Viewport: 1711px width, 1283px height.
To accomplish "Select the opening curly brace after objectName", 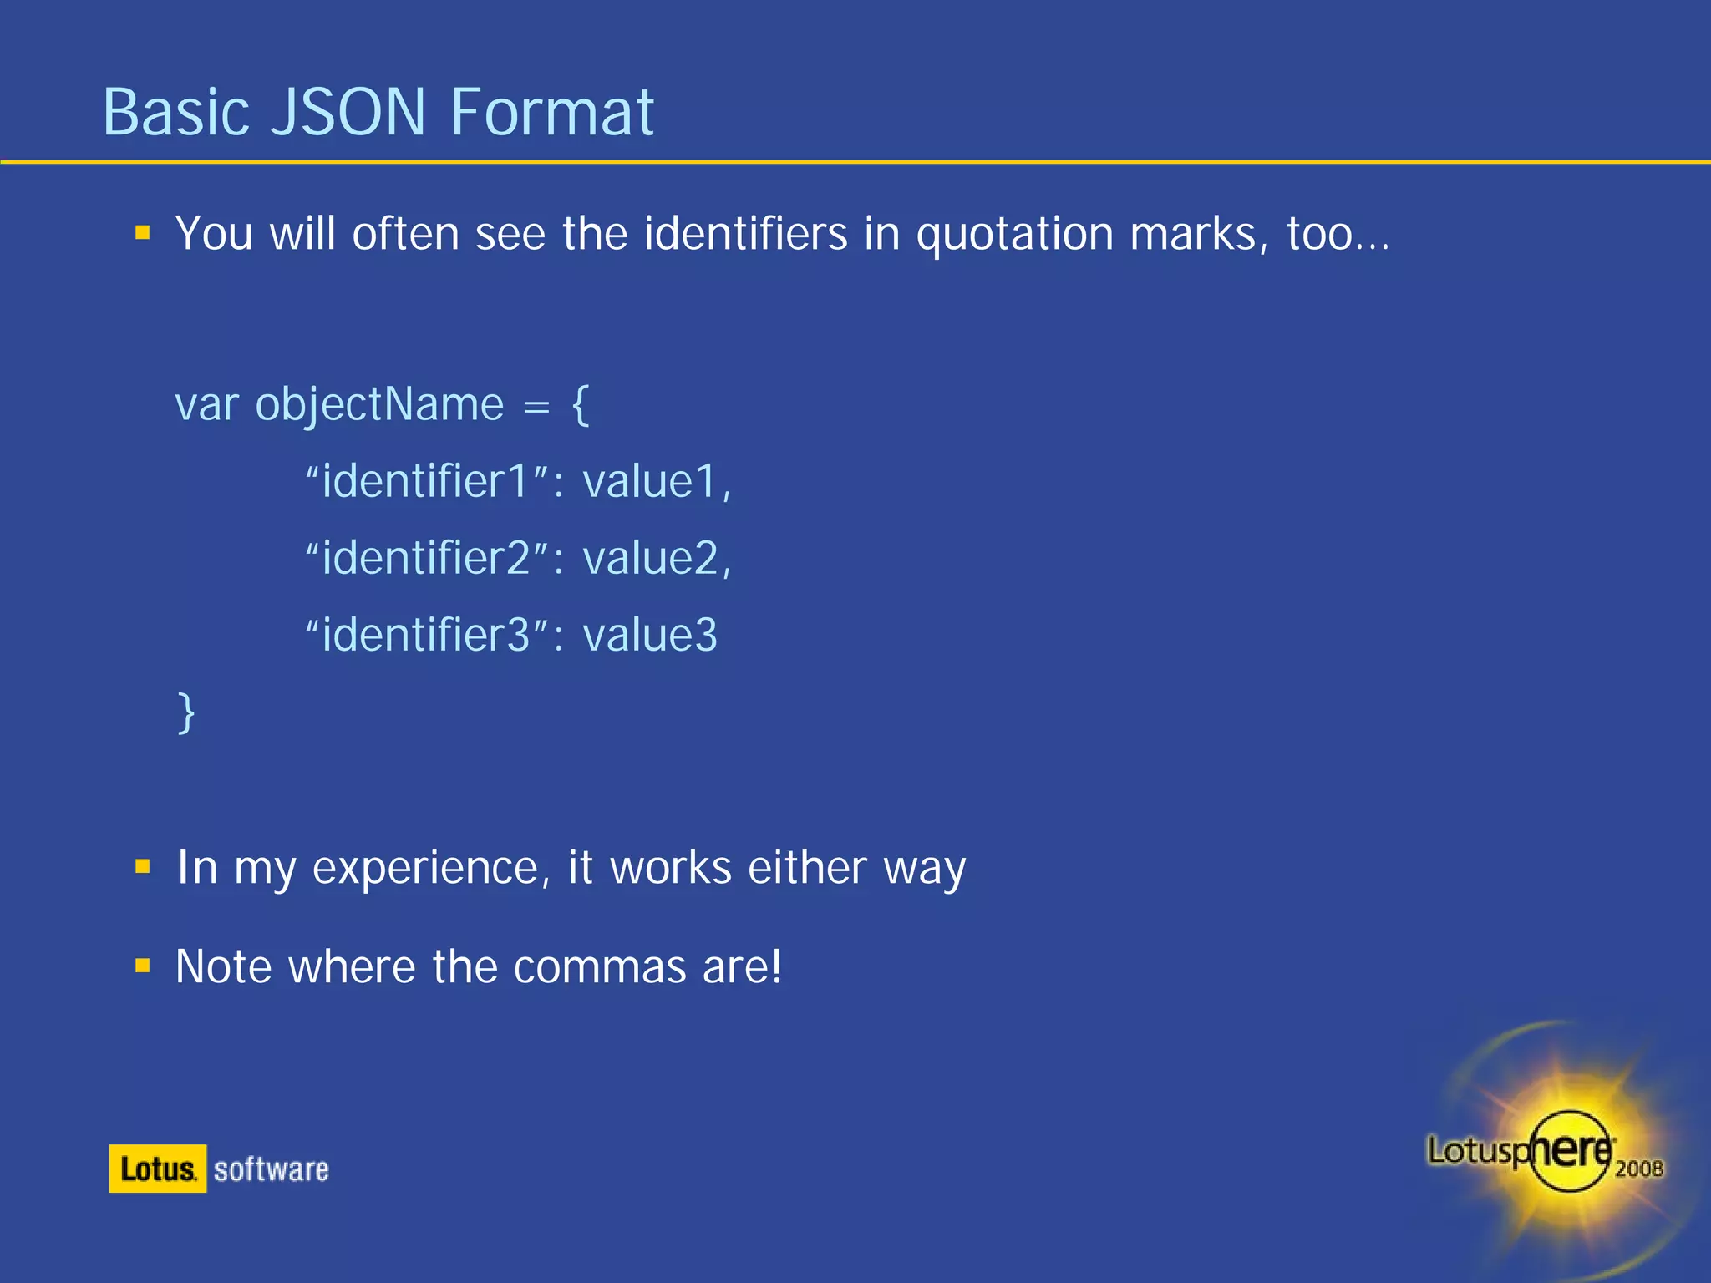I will (581, 406).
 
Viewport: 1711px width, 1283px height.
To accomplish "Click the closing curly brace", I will (186, 712).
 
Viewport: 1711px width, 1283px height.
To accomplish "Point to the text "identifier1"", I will (425, 482).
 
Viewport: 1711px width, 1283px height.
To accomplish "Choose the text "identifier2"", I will (425, 559).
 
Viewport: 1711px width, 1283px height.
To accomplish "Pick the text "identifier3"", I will (425, 636).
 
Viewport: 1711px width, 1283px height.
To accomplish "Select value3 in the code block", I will (650, 636).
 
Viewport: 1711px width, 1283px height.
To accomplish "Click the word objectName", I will (379, 406).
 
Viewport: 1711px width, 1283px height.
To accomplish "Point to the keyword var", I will (206, 406).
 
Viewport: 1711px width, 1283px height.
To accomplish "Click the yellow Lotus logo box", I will (157, 1169).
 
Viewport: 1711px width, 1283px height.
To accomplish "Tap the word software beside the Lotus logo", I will (272, 1169).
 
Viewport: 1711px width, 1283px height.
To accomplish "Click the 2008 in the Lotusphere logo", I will (1638, 1169).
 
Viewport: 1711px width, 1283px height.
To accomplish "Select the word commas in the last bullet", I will (600, 967).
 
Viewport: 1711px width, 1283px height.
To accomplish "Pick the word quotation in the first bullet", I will (1015, 234).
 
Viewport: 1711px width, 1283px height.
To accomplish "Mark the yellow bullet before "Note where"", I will (143, 966).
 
